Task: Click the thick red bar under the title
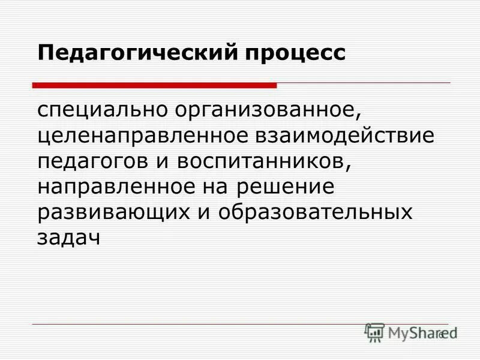(154, 85)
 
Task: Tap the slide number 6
(441, 335)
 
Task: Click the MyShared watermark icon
(374, 332)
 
